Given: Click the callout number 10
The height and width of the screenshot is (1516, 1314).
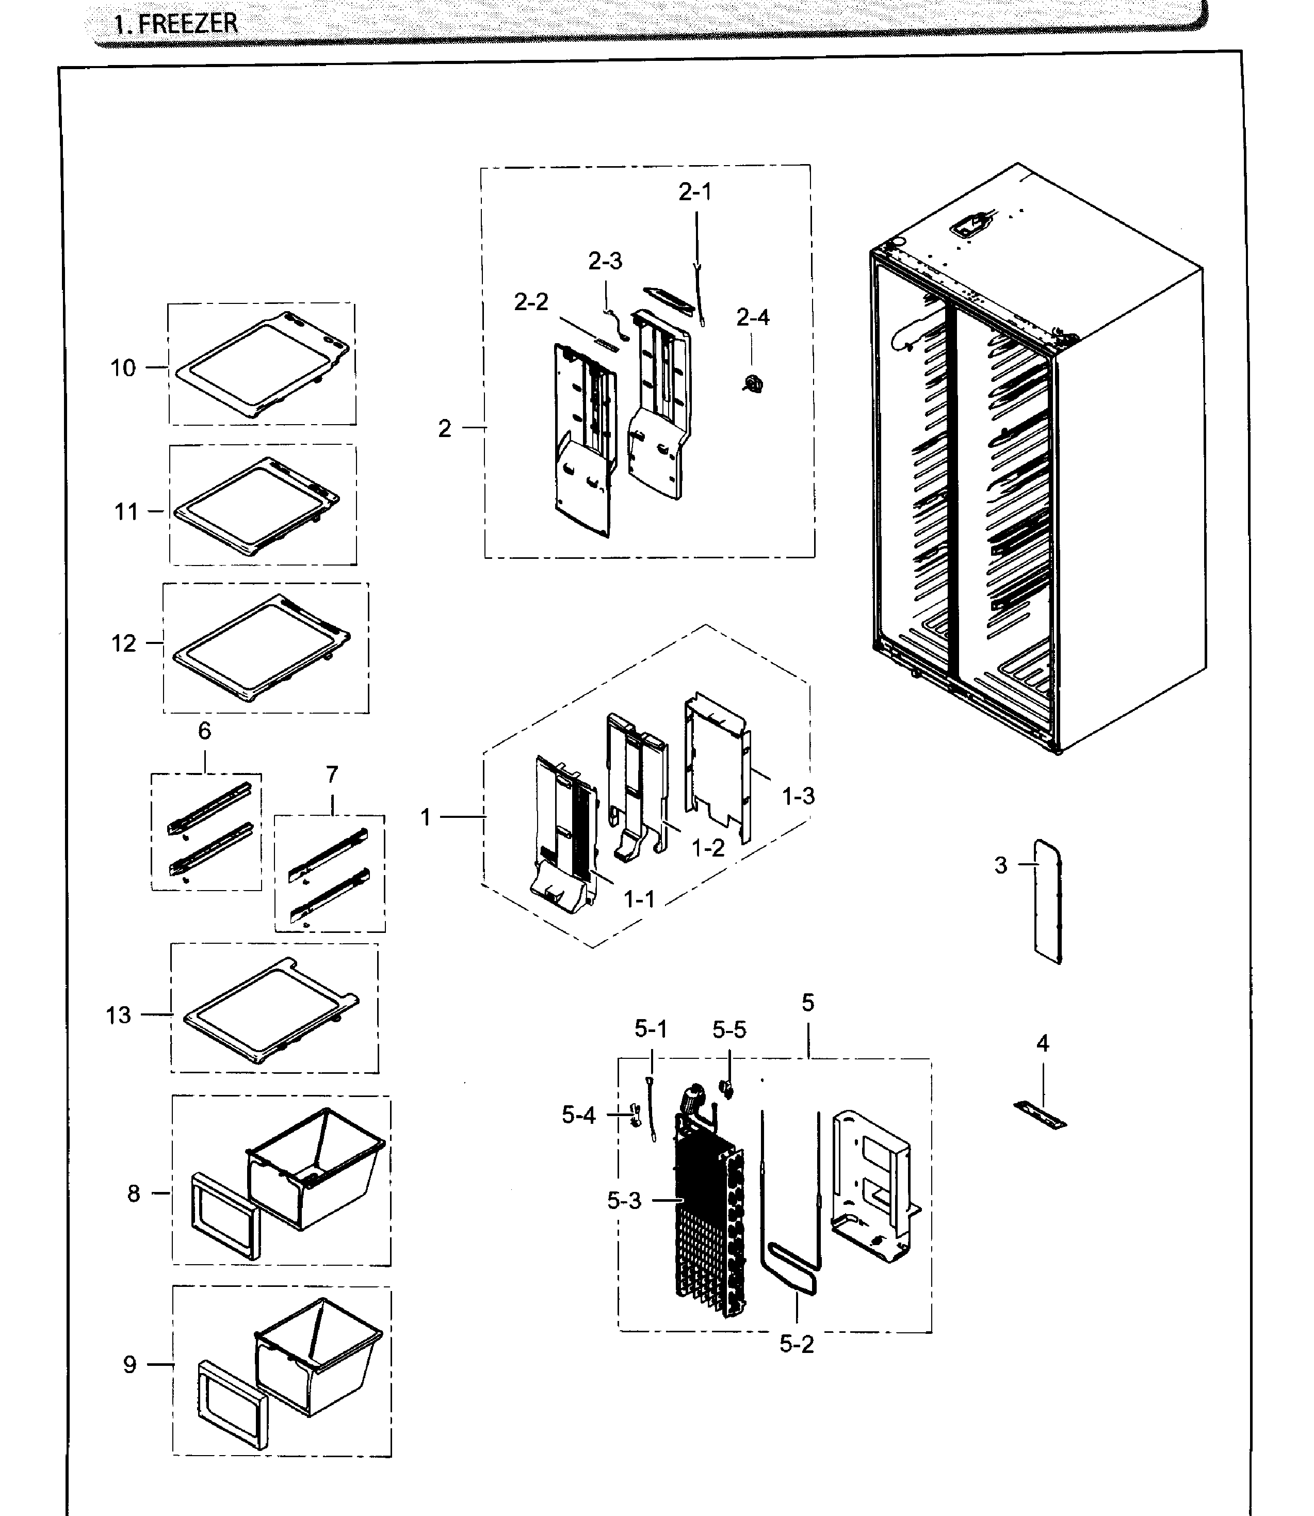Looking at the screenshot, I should click(x=123, y=367).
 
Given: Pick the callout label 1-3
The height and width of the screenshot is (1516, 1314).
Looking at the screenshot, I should click(x=798, y=796).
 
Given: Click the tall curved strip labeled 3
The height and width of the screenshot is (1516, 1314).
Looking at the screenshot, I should click(x=1048, y=902).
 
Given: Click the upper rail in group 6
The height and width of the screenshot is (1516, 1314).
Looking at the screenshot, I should click(x=210, y=808).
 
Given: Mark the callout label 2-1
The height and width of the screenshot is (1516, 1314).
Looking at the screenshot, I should click(x=694, y=192).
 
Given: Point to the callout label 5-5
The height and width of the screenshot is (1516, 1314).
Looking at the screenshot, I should click(x=729, y=1030).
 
